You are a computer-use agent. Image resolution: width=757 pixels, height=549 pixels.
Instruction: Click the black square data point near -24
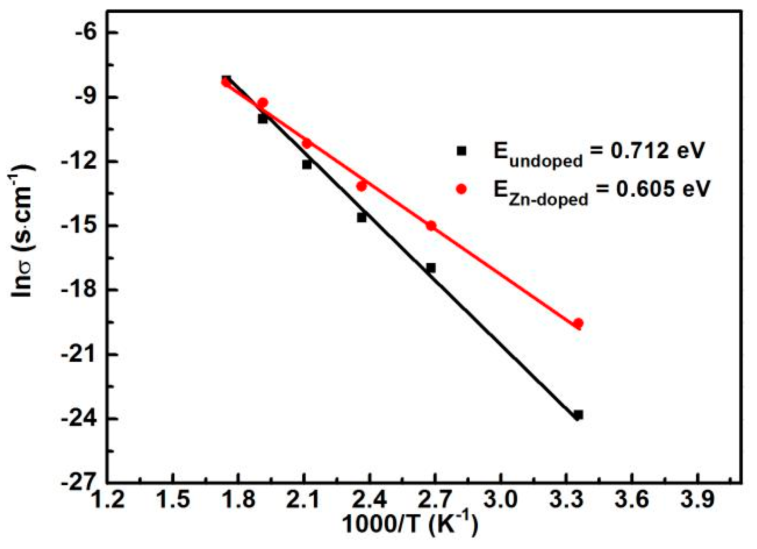pos(578,415)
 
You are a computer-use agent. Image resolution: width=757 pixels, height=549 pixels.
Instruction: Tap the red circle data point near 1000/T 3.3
pos(578,323)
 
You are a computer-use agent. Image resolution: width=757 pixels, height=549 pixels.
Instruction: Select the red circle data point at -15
pos(431,226)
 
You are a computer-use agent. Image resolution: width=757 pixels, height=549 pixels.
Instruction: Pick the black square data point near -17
pos(430,268)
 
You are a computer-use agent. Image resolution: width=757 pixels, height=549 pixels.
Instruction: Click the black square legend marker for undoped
pos(461,151)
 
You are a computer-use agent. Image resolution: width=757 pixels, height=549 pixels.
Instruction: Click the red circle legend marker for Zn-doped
pos(461,189)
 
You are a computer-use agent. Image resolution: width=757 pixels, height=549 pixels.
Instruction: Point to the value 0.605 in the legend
pos(645,189)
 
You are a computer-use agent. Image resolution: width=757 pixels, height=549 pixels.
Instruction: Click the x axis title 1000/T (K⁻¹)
pos(410,525)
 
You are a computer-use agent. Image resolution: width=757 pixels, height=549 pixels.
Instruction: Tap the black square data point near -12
pos(307,164)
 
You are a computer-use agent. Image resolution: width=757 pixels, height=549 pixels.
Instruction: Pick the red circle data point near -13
pos(361,186)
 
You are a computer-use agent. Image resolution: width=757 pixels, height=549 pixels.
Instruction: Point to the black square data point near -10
pos(263,119)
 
